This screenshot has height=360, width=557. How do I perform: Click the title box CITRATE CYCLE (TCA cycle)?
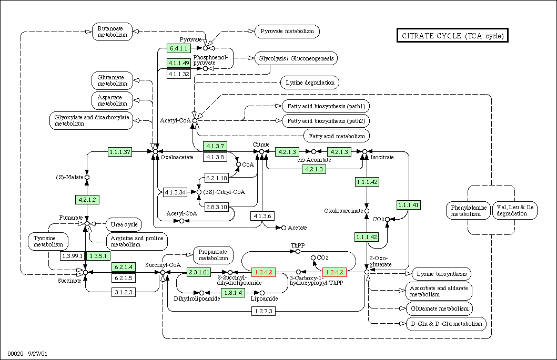pyautogui.click(x=452, y=36)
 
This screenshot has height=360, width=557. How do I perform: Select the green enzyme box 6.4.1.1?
pyautogui.click(x=179, y=48)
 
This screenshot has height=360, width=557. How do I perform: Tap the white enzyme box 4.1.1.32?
pyautogui.click(x=179, y=74)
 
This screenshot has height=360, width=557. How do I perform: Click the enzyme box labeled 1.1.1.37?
pyautogui.click(x=120, y=152)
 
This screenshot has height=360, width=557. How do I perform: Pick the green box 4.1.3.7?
pyautogui.click(x=215, y=146)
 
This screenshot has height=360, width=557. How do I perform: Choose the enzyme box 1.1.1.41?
pyautogui.click(x=409, y=205)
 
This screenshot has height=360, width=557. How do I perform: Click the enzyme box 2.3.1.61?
pyautogui.click(x=199, y=272)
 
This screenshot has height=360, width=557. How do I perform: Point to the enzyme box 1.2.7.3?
pyautogui.click(x=263, y=311)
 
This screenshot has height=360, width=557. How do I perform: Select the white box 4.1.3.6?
pyautogui.click(x=262, y=216)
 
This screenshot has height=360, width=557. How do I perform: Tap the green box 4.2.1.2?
pyautogui.click(x=87, y=200)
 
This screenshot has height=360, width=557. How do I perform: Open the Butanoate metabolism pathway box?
pyautogui.click(x=112, y=32)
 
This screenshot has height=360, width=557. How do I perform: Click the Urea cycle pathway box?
pyautogui.click(x=124, y=224)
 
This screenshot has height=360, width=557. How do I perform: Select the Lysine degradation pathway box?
pyautogui.click(x=310, y=83)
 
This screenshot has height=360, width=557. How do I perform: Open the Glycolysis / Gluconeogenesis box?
pyautogui.click(x=296, y=58)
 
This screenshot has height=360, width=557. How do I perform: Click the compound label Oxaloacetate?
pyautogui.click(x=177, y=157)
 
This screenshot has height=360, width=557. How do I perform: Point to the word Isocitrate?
pyautogui.click(x=382, y=157)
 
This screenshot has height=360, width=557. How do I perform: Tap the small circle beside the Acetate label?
pyautogui.click(x=283, y=228)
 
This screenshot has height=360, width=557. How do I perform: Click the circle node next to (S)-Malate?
pyautogui.click(x=87, y=177)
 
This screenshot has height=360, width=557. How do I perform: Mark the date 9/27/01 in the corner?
pyautogui.click(x=38, y=354)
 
